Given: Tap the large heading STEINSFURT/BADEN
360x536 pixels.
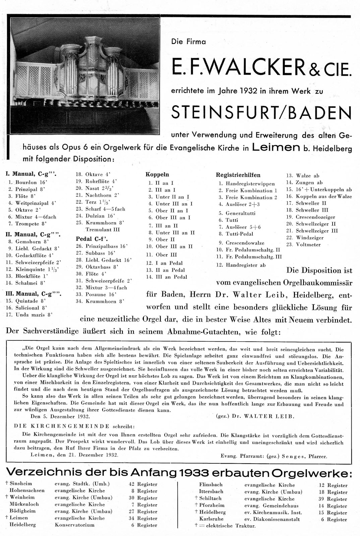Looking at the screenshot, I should pos(261,113).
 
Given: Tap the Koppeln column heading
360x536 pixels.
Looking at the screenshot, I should pos(157,175).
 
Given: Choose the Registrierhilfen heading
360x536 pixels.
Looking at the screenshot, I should pos(238,175).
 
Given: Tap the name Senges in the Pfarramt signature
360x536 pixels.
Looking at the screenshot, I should pos(294,456).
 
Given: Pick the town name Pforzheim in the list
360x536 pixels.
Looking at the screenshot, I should pos(212,505).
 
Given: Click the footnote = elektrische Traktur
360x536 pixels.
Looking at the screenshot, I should pos(220,526).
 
